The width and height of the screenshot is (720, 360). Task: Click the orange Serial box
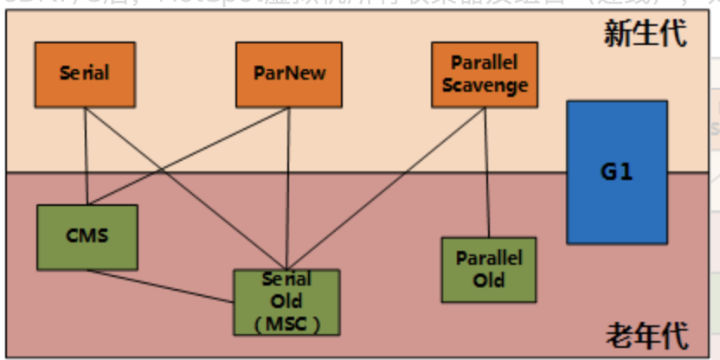click(x=85, y=74)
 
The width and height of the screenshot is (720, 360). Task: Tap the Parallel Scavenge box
click(x=477, y=74)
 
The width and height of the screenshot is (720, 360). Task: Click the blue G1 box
click(x=616, y=171)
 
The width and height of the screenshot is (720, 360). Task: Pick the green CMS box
click(x=87, y=236)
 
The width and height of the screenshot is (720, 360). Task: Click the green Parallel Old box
click(x=488, y=269)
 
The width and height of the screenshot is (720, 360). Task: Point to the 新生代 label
click(x=645, y=34)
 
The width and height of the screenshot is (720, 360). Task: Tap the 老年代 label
click(x=645, y=333)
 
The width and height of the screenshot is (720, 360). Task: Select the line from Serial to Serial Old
click(x=186, y=187)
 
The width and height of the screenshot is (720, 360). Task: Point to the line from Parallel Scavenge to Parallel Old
click(x=485, y=173)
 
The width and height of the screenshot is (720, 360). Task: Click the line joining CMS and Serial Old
click(x=160, y=286)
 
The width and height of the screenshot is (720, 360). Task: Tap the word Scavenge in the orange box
click(x=477, y=85)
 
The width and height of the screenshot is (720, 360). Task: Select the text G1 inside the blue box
click(x=616, y=171)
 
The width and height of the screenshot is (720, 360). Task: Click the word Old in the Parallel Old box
click(x=488, y=280)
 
